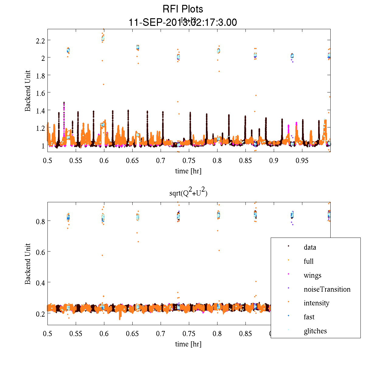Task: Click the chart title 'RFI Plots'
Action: pyautogui.click(x=182, y=9)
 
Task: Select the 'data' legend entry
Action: pyautogui.click(x=310, y=247)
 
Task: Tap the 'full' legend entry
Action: pyautogui.click(x=308, y=261)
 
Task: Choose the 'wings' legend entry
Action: pyautogui.click(x=312, y=275)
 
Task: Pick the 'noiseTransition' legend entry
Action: pyautogui.click(x=327, y=289)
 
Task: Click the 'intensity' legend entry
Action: pyautogui.click(x=316, y=303)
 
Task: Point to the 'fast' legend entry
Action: pyautogui.click(x=309, y=317)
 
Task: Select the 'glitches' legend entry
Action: pyautogui.click(x=315, y=331)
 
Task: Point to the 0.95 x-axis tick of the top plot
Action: pyautogui.click(x=302, y=160)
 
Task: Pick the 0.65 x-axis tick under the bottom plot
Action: pyautogui.click(x=132, y=334)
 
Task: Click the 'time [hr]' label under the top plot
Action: pyautogui.click(x=188, y=171)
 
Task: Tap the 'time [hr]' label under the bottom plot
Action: pyautogui.click(x=188, y=344)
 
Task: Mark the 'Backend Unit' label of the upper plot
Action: pyautogui.click(x=28, y=91)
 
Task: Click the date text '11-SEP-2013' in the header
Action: pyautogui.click(x=154, y=23)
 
